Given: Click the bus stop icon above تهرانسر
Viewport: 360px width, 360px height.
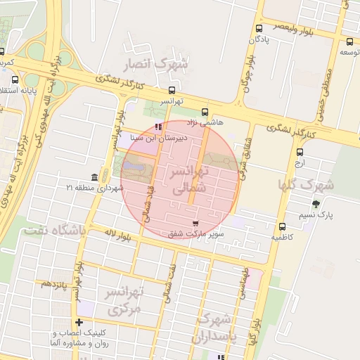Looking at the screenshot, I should point(172,90).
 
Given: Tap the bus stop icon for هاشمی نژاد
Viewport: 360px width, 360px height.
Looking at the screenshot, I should point(205,111).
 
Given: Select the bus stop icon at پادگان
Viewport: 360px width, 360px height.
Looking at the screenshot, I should point(260,29).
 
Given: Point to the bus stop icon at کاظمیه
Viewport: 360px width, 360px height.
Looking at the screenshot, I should point(283,226).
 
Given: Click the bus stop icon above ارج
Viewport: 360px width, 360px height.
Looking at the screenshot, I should point(300,152).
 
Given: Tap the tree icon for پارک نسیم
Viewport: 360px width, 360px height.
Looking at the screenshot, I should point(316,204).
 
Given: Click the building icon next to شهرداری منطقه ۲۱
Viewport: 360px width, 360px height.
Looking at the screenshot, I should point(95,176).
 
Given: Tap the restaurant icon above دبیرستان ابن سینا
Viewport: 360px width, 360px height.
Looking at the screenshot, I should point(157,127).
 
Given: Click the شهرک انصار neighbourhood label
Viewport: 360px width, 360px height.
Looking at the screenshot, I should point(156,65).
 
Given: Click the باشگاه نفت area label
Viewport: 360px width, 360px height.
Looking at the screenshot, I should point(53,230).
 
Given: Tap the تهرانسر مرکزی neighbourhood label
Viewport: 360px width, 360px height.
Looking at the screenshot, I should point(124,300).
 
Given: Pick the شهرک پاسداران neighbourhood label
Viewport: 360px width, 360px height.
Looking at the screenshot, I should point(217,327).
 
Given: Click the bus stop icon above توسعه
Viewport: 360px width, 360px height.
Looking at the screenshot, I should point(350,41).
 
